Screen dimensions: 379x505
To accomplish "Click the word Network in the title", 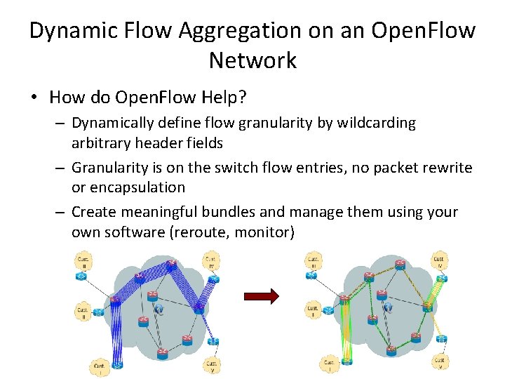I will pyautogui.click(x=252, y=60).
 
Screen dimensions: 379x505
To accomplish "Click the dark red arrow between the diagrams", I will pyautogui.click(x=262, y=297).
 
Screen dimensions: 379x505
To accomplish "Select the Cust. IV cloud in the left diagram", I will pyautogui.click(x=210, y=264).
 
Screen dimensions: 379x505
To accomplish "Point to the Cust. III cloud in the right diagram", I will pyautogui.click(x=314, y=262).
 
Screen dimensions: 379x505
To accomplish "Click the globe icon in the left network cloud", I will pyautogui.click(x=159, y=308).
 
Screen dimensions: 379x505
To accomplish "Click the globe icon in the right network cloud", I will pyautogui.click(x=388, y=307).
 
